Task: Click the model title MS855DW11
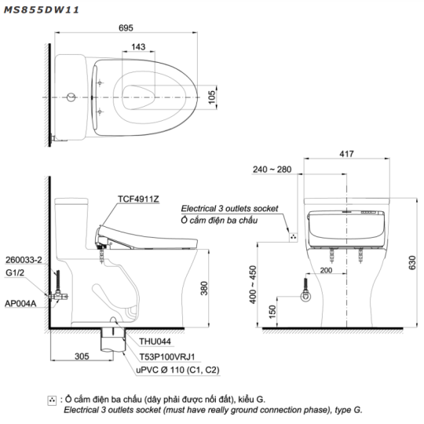(x=41, y=10)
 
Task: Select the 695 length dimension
(x=126, y=27)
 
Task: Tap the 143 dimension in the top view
(x=138, y=47)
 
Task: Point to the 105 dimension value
(x=212, y=97)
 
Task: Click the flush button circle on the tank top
(x=71, y=97)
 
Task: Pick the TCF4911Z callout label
(x=138, y=199)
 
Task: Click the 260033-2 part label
(x=24, y=260)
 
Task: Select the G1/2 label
(x=15, y=272)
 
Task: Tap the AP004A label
(x=20, y=303)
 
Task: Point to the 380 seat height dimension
(x=204, y=288)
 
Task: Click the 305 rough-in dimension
(x=82, y=356)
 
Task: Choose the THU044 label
(x=155, y=342)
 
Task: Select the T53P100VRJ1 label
(x=167, y=357)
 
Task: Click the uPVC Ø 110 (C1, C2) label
(x=177, y=370)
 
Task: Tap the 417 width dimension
(x=346, y=154)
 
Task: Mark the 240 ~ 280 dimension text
(x=272, y=170)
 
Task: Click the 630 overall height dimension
(x=412, y=262)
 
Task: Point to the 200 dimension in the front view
(x=326, y=270)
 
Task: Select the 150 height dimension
(x=272, y=312)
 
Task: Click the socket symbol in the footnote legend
(x=52, y=400)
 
